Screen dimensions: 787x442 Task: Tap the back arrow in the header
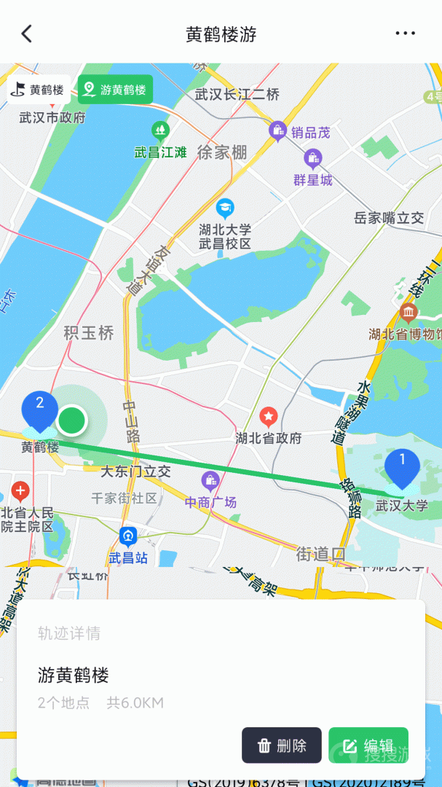click(x=27, y=34)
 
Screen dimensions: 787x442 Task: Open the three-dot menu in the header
click(x=405, y=34)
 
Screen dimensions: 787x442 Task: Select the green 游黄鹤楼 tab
click(x=115, y=90)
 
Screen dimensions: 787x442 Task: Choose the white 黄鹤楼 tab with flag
click(x=39, y=90)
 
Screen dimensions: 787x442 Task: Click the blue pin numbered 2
click(x=40, y=408)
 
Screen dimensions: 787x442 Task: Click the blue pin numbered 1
click(x=402, y=466)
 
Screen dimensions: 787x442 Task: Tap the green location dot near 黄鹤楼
click(x=71, y=420)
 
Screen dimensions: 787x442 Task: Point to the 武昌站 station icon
click(x=129, y=538)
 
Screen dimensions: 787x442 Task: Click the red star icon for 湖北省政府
click(x=269, y=417)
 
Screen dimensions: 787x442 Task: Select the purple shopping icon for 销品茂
click(x=277, y=131)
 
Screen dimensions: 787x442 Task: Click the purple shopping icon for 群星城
click(x=313, y=157)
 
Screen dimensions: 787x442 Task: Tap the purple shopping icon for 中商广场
click(x=210, y=481)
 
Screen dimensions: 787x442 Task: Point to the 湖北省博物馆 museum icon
click(x=408, y=314)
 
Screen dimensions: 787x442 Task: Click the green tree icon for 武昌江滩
click(x=160, y=131)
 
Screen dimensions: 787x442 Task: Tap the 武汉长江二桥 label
click(x=237, y=95)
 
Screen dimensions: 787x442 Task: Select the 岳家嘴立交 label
click(x=388, y=217)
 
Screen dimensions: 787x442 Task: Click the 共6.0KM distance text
click(x=135, y=703)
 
